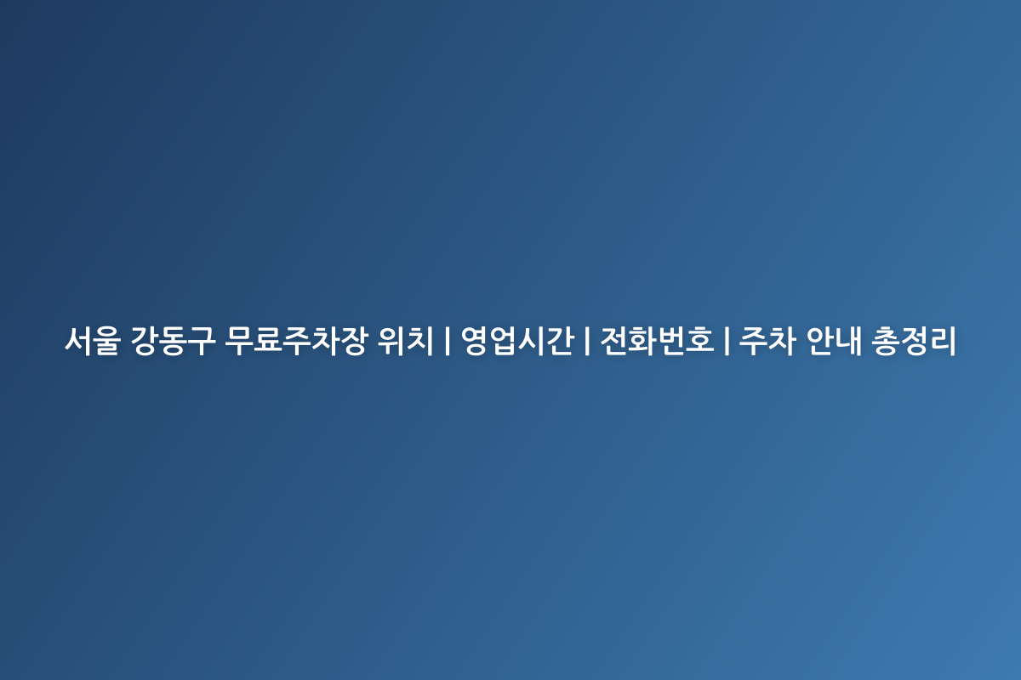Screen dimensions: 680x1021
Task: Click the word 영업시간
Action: pos(516,342)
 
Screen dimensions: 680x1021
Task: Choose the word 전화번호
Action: pos(657,342)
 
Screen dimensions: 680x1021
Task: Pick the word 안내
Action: pos(836,342)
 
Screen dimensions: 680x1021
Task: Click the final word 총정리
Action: pos(916,342)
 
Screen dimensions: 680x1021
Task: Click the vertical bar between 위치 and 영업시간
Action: pos(448,342)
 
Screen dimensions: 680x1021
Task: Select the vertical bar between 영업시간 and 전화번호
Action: pos(587,342)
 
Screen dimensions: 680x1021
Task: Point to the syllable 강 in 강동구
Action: pos(145,342)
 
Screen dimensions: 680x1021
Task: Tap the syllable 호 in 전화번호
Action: pos(699,342)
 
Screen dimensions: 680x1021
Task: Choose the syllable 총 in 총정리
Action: pos(888,342)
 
